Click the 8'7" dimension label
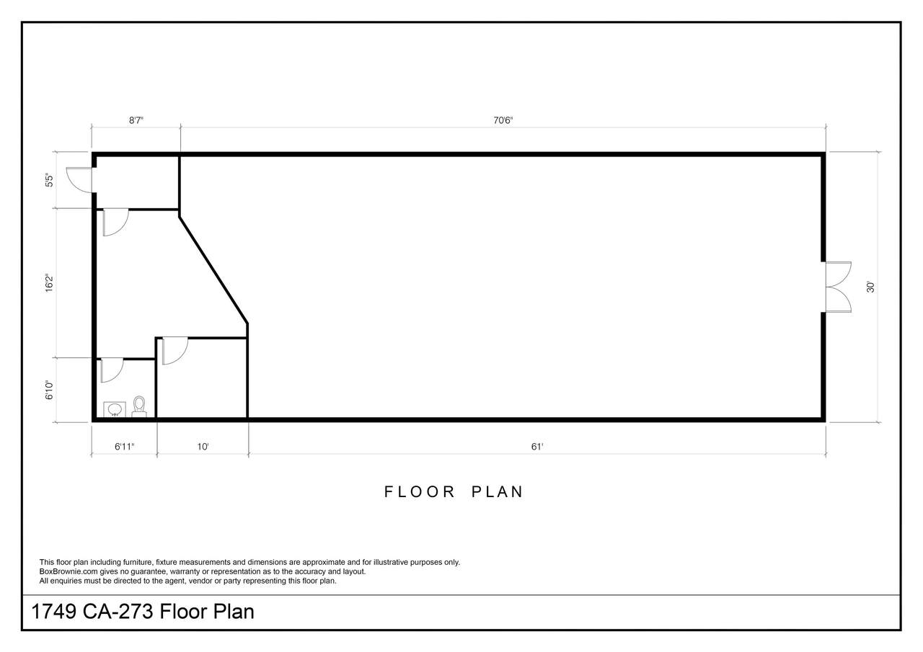[x=136, y=120]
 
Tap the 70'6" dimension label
[x=503, y=120]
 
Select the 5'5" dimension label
[x=50, y=181]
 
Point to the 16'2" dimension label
[x=50, y=283]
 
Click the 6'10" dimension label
[x=50, y=390]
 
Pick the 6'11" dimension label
[x=125, y=447]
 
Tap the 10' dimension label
[x=203, y=447]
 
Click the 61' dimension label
[x=537, y=447]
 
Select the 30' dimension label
[x=870, y=287]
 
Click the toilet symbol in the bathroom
[x=139, y=406]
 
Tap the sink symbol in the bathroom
[x=114, y=409]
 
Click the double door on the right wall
[x=838, y=287]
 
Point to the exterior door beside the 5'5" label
[x=80, y=180]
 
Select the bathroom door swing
[x=112, y=370]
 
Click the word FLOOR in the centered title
[x=420, y=492]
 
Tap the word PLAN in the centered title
[x=498, y=492]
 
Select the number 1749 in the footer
[x=54, y=612]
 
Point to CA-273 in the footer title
[x=118, y=612]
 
